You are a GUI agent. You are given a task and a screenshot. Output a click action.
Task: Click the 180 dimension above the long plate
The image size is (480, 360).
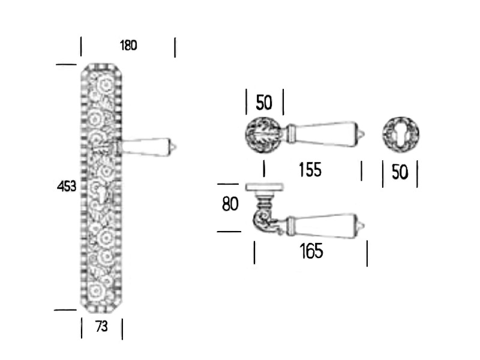coord(128,46)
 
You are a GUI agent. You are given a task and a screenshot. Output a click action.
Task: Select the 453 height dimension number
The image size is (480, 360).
coord(67,186)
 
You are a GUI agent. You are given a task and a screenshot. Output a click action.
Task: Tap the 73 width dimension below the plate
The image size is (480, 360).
coord(101,326)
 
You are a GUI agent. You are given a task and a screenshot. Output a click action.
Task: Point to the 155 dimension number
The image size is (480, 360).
coord(310,170)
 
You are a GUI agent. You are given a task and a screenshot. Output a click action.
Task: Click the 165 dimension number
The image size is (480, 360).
coord(311,251)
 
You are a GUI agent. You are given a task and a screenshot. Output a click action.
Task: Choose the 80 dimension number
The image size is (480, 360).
coord(230,204)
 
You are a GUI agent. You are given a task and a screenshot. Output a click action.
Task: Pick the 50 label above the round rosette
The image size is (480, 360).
coord(264,103)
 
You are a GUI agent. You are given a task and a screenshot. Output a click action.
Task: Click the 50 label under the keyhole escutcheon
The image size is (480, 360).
coord(400,172)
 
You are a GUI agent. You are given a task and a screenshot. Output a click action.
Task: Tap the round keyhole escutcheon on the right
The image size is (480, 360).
coord(401,134)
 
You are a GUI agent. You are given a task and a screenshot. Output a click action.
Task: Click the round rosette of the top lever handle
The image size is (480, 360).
coord(263,134)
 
